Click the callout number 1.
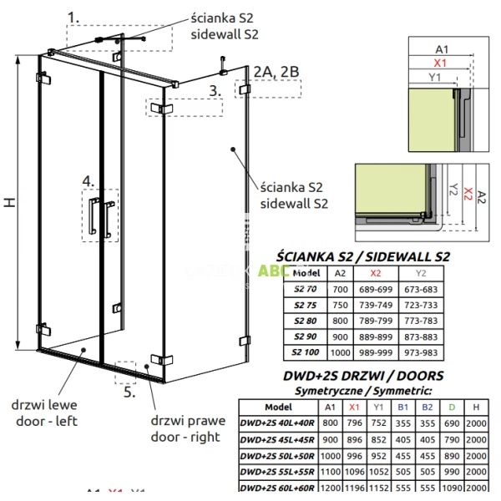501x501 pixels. [x=74, y=17]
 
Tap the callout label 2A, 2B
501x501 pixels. [x=276, y=72]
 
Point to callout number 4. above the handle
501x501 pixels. [x=88, y=180]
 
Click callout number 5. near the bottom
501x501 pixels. [x=128, y=389]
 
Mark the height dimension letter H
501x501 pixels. [x=9, y=203]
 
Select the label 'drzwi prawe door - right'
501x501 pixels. [x=185, y=428]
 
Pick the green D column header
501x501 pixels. [x=452, y=406]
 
